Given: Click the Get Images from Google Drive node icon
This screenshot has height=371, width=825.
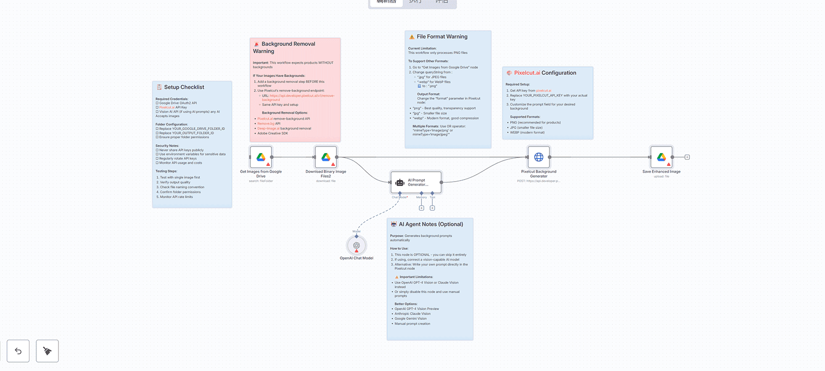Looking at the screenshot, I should click(x=261, y=157).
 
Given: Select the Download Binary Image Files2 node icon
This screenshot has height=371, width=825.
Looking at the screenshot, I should click(x=326, y=157).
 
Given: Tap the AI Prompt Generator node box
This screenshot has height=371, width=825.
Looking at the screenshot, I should click(x=416, y=182).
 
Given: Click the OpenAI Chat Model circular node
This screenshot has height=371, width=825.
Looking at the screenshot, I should click(x=357, y=245).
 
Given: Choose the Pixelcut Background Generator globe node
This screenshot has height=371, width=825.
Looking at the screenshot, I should click(x=539, y=157).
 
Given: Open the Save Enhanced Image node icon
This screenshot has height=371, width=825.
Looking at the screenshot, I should click(x=661, y=157).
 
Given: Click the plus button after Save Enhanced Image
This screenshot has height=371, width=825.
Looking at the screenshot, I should click(x=687, y=157).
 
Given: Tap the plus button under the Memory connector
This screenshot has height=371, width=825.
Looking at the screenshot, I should click(x=421, y=208).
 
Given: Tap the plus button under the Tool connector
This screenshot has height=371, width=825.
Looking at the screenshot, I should click(x=432, y=208).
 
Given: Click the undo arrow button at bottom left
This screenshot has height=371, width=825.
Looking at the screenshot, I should click(x=18, y=351).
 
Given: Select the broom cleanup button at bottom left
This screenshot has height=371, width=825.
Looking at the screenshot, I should click(x=47, y=351).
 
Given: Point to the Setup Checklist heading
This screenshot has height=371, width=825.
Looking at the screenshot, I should click(x=184, y=87).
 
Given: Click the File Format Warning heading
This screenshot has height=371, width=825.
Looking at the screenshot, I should click(x=442, y=36).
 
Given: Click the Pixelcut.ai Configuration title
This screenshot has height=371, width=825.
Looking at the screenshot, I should click(x=545, y=73).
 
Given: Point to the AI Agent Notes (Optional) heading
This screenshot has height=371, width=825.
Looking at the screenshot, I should click(x=431, y=224).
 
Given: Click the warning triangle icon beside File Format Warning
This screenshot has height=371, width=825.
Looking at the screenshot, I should click(x=412, y=37).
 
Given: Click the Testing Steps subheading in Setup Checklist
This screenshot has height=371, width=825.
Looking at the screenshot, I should click(x=166, y=171).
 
